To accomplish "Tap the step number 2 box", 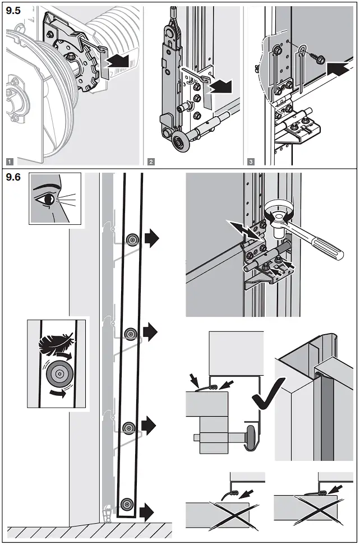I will [x=151, y=162].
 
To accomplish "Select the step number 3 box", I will [x=251, y=162].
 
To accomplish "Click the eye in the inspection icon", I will [x=47, y=198].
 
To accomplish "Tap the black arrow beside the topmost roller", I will [x=151, y=239].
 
